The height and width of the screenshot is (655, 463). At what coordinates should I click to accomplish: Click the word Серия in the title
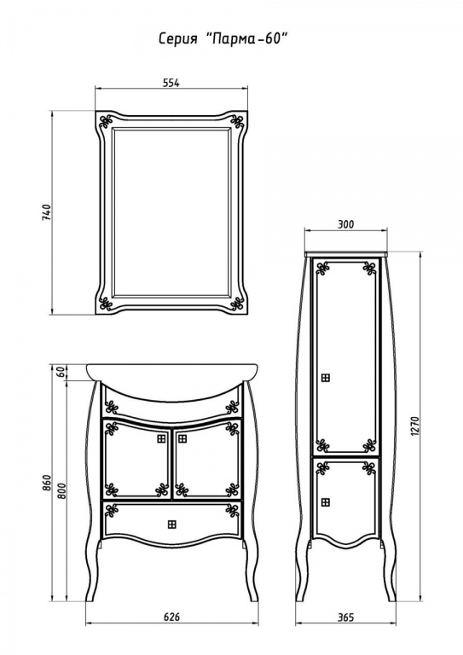(x=177, y=39)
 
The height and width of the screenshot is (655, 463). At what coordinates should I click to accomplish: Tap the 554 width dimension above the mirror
(x=171, y=83)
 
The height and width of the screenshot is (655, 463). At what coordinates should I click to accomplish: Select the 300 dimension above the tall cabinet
(x=345, y=224)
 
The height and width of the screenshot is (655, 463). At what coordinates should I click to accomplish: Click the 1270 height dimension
(x=415, y=426)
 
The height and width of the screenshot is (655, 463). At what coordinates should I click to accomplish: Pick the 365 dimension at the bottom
(x=345, y=617)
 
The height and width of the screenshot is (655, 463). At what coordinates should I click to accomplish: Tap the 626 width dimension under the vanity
(x=171, y=617)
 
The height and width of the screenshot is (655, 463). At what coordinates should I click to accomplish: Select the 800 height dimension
(x=61, y=491)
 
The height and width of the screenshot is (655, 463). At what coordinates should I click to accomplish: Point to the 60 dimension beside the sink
(x=61, y=372)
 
